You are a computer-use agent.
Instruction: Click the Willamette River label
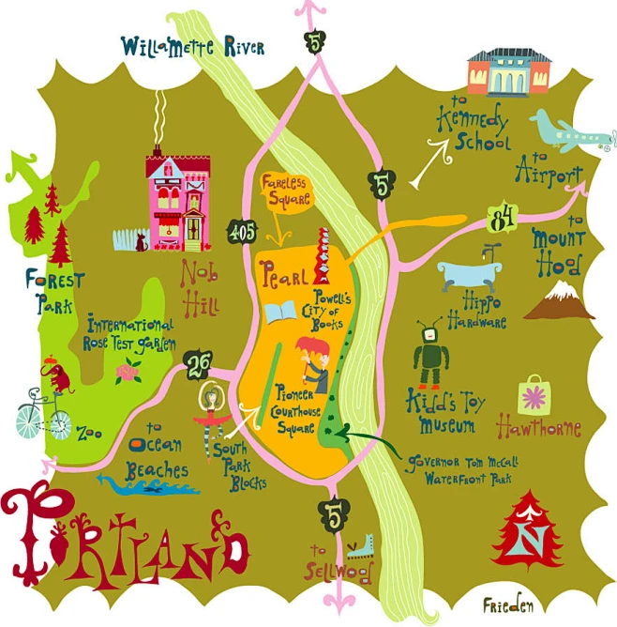[192, 45]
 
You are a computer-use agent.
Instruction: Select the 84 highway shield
[501, 222]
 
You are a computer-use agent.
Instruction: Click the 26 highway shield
[197, 362]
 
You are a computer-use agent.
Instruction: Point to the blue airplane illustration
[563, 132]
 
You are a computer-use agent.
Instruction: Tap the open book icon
[280, 313]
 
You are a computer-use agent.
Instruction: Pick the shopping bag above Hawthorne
[537, 393]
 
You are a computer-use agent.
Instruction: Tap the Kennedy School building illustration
[508, 72]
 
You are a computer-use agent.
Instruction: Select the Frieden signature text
[508, 605]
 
